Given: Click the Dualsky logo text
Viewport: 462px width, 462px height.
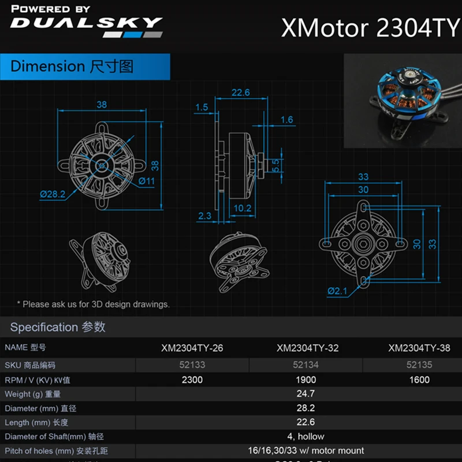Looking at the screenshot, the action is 87,24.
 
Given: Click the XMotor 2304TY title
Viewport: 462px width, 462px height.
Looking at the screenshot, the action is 370,28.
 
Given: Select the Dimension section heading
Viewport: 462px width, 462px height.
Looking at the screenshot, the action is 72,66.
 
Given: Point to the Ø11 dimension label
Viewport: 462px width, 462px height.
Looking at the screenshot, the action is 146,181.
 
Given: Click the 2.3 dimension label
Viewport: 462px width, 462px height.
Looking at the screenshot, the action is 204,216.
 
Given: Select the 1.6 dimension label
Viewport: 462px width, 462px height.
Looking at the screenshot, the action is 286,120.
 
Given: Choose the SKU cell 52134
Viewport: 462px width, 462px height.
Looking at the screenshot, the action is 305,364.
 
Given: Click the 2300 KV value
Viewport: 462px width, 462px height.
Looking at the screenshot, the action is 192,379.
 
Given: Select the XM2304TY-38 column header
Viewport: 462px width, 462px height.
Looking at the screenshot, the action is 424,348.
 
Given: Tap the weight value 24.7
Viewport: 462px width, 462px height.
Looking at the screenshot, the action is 305,394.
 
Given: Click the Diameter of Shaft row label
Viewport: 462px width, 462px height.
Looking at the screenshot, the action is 54,437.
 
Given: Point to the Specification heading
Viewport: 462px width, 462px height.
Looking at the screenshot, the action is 58,327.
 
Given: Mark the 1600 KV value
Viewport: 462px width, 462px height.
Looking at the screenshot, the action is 419,379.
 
